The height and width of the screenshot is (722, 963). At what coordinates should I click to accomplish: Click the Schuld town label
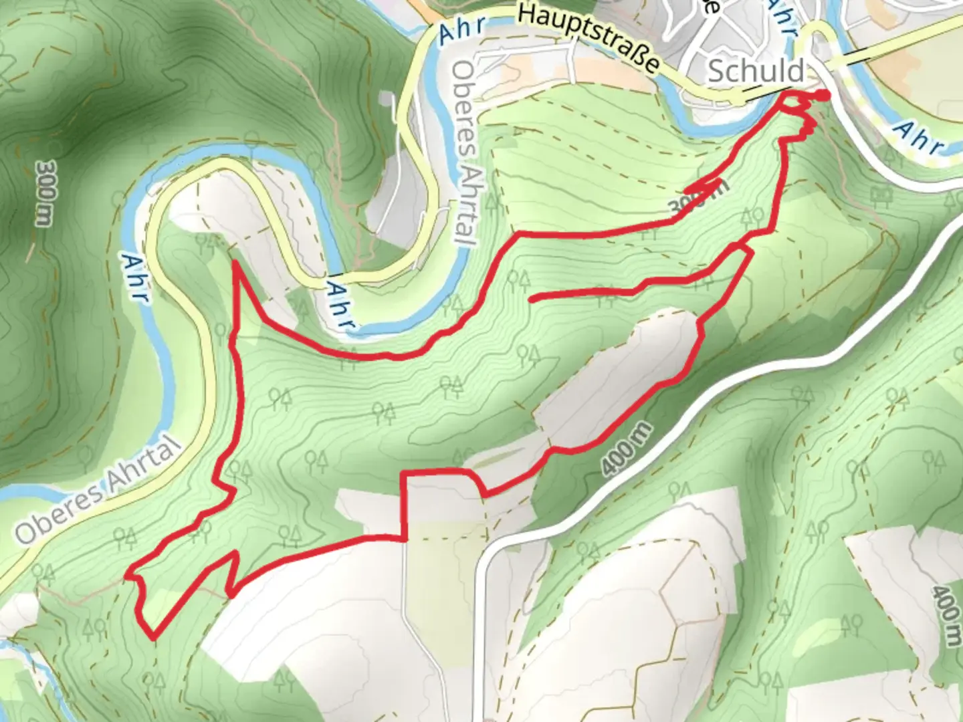(756, 70)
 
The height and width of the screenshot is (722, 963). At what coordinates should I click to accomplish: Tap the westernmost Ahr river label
(136, 276)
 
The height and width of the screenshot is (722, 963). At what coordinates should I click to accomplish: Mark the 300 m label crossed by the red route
(699, 198)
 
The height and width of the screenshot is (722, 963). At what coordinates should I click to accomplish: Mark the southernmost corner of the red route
(154, 637)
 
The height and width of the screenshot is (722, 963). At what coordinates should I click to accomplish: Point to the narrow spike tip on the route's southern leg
(236, 554)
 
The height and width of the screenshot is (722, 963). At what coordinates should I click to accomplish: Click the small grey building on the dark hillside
(386, 100)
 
